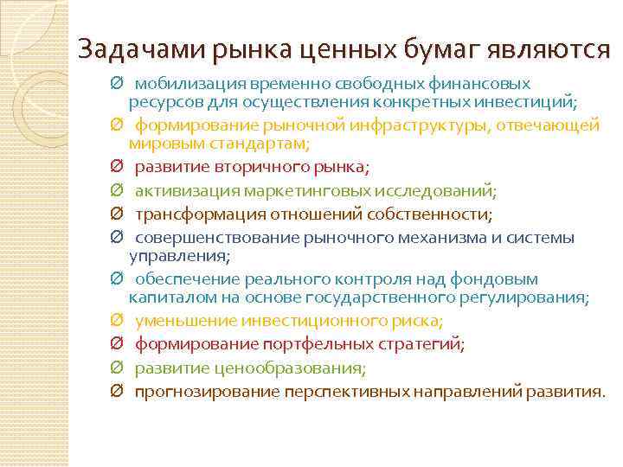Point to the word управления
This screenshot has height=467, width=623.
tap(177, 256)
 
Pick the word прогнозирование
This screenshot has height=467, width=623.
tap(196, 392)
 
